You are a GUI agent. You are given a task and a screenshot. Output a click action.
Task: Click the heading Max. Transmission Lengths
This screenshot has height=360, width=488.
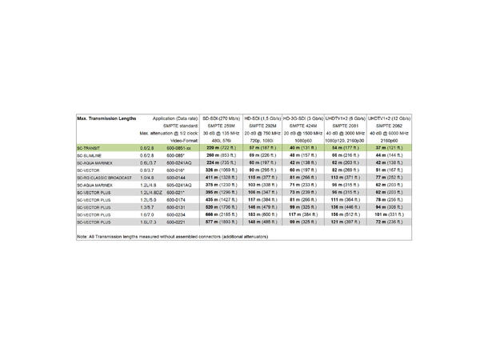pyautogui.click(x=106, y=118)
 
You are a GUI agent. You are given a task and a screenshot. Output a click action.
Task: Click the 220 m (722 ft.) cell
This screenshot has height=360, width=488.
pyautogui.click(x=219, y=148)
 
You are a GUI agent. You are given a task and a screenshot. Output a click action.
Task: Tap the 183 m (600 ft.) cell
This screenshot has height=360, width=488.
pyautogui.click(x=262, y=214)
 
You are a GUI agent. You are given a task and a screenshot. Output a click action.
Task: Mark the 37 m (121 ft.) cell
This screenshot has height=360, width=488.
pyautogui.click(x=386, y=148)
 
